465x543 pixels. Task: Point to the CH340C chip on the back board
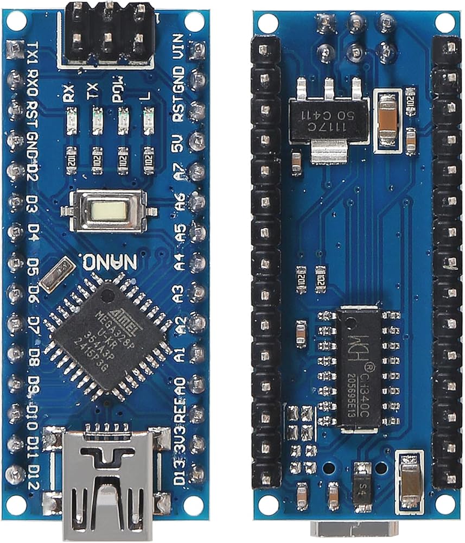[358, 369]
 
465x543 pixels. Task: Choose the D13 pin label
[179, 470]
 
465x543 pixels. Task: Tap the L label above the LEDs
[144, 96]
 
